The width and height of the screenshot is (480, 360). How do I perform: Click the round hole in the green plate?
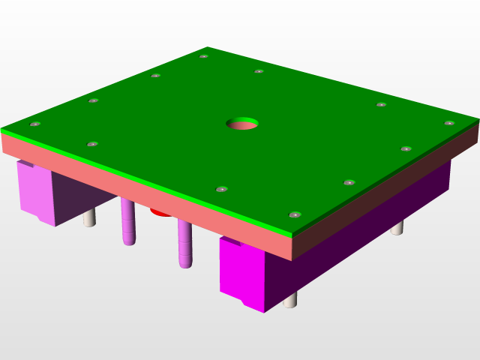242,121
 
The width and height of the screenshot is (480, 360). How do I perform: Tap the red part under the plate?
160,212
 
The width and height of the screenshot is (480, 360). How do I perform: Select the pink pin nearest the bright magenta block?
184,244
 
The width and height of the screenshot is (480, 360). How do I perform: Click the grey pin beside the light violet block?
89,218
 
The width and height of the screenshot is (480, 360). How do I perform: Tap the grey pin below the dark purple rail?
397,226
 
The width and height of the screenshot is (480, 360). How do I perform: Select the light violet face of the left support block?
34,191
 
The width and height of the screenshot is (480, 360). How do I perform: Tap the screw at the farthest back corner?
203,56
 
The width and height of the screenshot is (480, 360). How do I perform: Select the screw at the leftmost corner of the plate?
34,124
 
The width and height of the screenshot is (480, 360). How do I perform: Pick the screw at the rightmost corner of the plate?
448,123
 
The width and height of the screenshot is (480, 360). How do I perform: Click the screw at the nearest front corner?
295,214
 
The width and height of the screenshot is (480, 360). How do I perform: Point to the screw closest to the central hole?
259,72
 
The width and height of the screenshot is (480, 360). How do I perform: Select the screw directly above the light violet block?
92,143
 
